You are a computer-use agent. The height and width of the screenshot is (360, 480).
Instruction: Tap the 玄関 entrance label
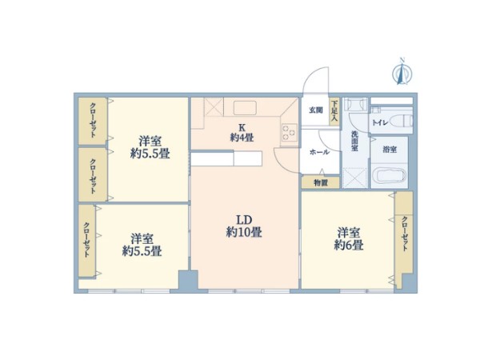(x=316, y=110)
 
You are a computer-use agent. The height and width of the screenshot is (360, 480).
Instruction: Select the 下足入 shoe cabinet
(x=334, y=111)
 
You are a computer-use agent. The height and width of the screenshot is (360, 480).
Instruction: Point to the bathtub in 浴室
(x=391, y=176)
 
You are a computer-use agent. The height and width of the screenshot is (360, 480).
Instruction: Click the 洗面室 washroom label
(x=354, y=141)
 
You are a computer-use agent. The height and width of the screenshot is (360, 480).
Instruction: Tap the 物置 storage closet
(x=321, y=182)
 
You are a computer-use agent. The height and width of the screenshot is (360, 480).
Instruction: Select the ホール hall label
(x=319, y=152)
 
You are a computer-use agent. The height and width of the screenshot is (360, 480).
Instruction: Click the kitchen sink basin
(x=245, y=108)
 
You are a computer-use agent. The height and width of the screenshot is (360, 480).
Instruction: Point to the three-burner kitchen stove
(x=290, y=132)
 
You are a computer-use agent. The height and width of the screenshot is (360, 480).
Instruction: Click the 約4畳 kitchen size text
(x=242, y=138)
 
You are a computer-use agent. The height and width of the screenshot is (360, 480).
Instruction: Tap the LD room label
(x=244, y=220)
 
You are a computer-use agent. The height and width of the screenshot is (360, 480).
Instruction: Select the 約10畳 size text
(x=244, y=232)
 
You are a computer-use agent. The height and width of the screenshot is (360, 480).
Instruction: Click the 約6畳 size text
(x=348, y=246)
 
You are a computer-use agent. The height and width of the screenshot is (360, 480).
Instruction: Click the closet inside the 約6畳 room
(x=404, y=239)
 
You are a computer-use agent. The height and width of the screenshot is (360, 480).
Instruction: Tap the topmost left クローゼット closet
(x=93, y=121)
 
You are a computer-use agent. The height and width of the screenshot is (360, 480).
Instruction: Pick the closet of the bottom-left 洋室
(x=87, y=241)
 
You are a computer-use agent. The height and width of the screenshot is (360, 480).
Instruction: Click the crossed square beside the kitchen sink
(x=214, y=106)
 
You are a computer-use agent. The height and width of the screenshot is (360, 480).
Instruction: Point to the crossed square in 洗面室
(x=354, y=178)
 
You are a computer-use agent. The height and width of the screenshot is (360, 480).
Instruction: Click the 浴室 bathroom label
(x=390, y=150)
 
